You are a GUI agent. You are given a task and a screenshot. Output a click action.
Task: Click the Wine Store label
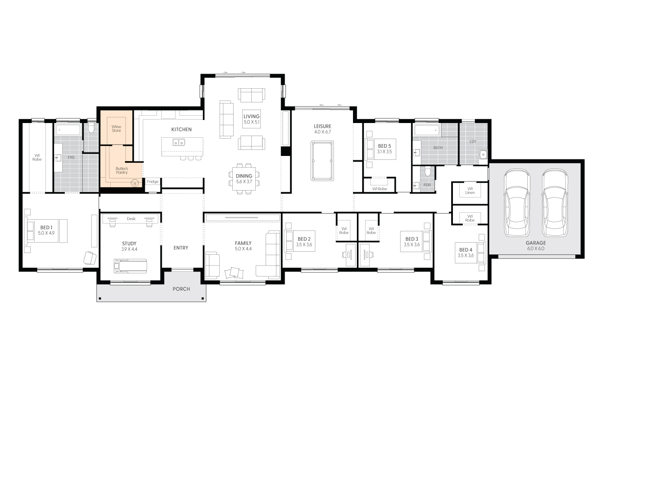point(116,129)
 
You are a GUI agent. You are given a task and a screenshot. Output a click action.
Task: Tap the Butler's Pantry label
point(122,170)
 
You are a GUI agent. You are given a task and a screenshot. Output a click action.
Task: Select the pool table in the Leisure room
point(322,160)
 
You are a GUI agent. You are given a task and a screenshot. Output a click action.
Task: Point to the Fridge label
point(152,182)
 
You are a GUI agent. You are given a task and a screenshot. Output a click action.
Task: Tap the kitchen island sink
point(179,142)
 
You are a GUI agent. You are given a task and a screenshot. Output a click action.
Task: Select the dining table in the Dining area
point(244,179)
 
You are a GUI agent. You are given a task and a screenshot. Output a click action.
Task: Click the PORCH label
point(181,289)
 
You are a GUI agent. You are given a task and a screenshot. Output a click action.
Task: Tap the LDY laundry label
point(473,142)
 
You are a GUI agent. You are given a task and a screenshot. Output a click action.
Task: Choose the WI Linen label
point(470,191)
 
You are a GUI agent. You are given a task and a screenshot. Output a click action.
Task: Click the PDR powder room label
point(427,185)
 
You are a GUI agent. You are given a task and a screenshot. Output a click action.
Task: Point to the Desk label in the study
point(131,219)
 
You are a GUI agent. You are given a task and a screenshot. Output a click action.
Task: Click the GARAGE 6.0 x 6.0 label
point(536,246)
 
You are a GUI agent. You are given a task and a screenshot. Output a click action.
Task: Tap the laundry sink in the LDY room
point(483,155)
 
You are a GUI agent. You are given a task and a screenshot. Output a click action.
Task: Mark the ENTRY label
point(181,248)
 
